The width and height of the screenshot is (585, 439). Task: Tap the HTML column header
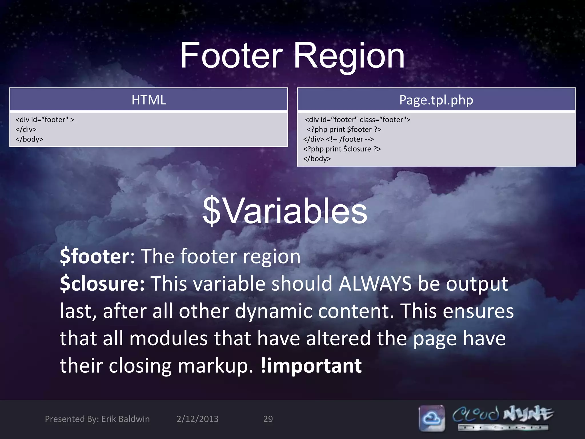(x=149, y=100)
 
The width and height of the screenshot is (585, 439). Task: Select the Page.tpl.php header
(x=436, y=100)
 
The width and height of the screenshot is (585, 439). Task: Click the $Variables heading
(x=285, y=211)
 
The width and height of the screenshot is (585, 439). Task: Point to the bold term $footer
(x=95, y=256)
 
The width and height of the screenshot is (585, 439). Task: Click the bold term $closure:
(x=102, y=284)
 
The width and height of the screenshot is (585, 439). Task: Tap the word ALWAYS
(x=375, y=284)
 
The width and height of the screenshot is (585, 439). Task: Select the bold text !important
(x=311, y=366)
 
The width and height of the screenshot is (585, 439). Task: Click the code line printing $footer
(x=344, y=129)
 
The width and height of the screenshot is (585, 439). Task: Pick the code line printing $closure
(x=342, y=149)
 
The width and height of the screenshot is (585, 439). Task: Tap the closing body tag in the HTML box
(x=29, y=139)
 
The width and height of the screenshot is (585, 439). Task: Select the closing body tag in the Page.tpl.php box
(x=317, y=159)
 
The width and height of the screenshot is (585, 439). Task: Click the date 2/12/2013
(x=197, y=419)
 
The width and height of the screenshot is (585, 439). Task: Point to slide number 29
(x=268, y=419)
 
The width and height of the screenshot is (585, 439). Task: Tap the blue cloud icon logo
(x=432, y=418)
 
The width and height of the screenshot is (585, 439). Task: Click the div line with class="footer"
(x=357, y=120)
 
